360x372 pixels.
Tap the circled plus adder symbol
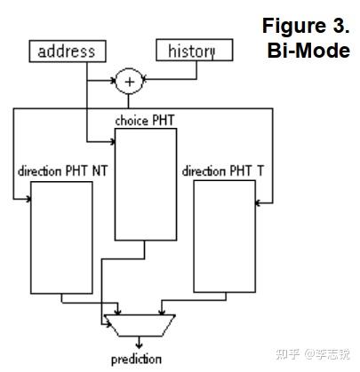(129, 82)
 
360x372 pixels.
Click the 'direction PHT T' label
(215, 170)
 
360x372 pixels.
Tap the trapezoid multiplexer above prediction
(139, 324)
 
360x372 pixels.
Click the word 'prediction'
(136, 359)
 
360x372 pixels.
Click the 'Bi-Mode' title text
(308, 50)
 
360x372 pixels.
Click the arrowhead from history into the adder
(146, 81)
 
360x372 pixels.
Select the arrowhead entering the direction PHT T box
(259, 203)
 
